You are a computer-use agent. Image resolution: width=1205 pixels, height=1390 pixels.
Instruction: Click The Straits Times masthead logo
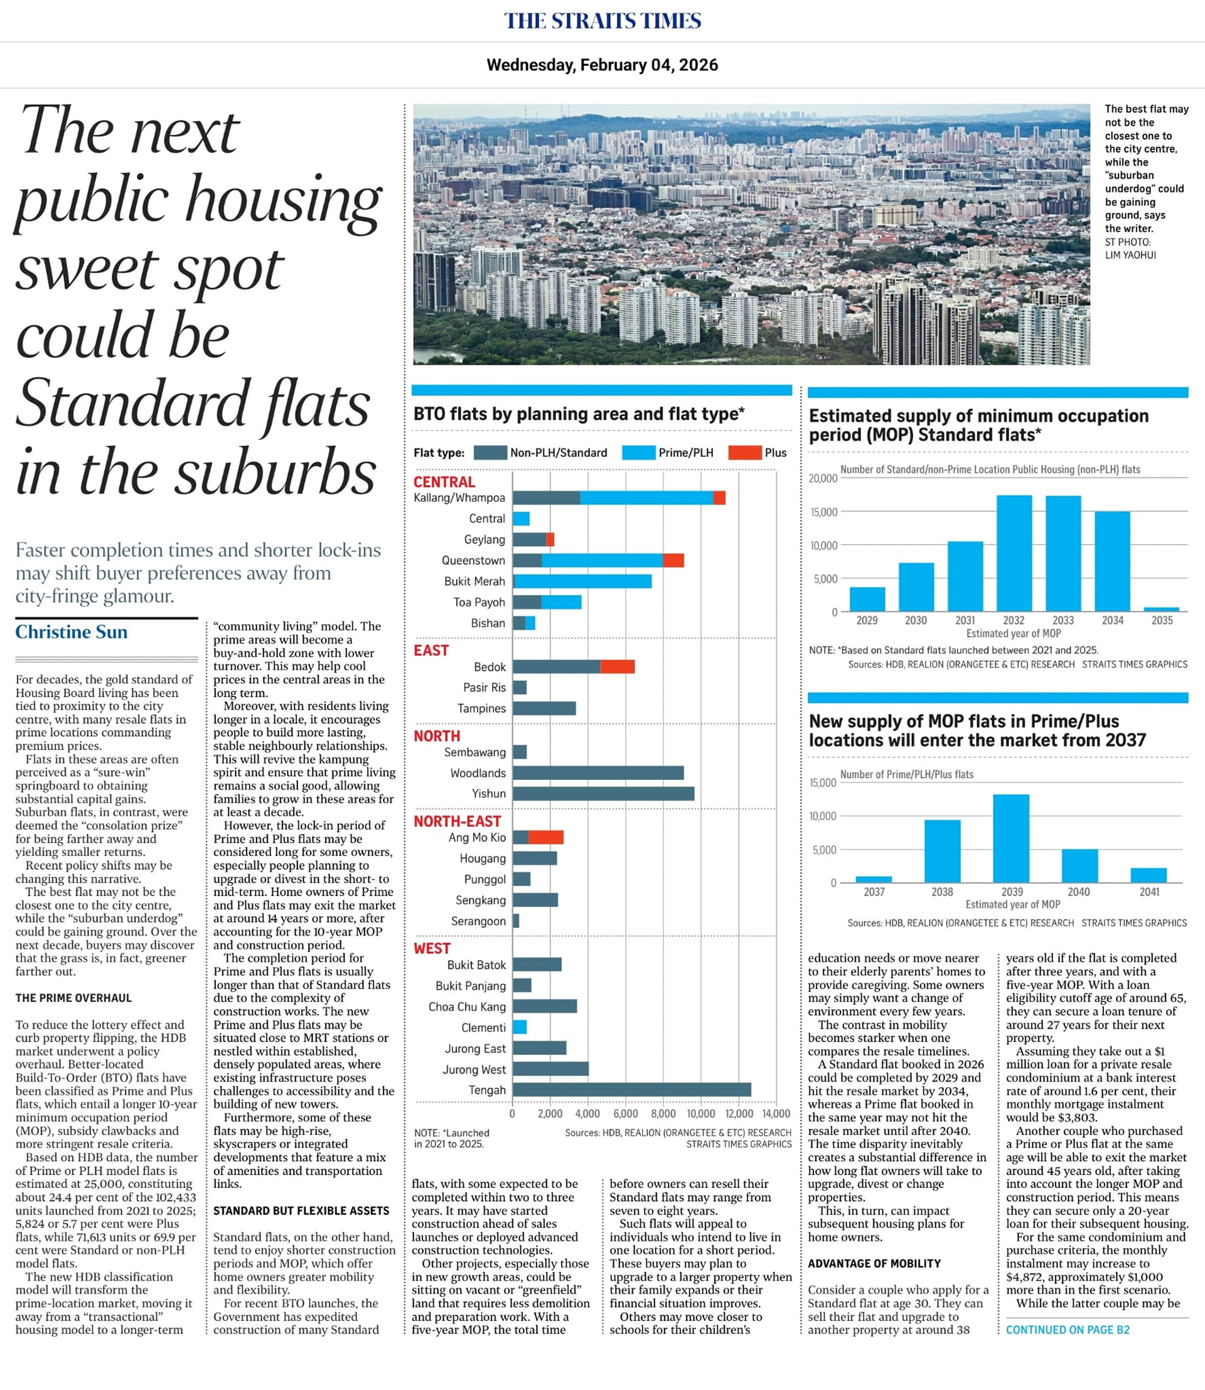click(x=602, y=21)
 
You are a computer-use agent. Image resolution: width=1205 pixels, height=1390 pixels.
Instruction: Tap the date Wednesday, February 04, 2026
click(x=602, y=65)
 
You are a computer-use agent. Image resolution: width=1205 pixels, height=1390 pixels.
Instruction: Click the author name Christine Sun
click(x=72, y=632)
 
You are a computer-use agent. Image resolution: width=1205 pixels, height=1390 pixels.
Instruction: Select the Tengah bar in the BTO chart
click(x=631, y=1090)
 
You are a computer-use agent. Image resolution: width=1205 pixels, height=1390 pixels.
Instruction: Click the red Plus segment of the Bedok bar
click(x=618, y=666)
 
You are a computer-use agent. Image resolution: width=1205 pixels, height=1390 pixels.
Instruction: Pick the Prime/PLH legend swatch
click(x=638, y=452)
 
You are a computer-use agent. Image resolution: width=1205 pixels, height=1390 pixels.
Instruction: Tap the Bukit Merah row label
click(x=474, y=581)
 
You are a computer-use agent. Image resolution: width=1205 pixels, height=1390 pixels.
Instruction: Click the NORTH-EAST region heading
click(x=458, y=821)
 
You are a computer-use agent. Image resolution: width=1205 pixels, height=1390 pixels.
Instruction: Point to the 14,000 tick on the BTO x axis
click(x=776, y=1114)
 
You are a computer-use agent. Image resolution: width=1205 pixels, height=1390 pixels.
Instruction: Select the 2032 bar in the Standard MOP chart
click(x=1014, y=553)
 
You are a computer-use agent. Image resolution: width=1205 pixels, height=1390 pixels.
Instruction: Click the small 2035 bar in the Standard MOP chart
click(x=1161, y=609)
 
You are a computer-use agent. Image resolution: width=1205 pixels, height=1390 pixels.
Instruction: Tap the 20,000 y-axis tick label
click(x=823, y=479)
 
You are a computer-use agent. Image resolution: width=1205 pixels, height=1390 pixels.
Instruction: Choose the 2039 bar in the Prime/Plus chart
click(x=1010, y=838)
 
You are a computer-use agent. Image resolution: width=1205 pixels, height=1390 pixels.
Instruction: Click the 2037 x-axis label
click(x=874, y=892)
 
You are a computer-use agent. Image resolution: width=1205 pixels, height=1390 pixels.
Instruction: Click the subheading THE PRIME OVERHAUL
click(x=74, y=998)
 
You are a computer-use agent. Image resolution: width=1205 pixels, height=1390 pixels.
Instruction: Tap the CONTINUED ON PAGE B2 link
click(x=1067, y=1330)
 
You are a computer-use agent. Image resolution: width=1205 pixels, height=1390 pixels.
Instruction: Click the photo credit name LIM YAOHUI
click(x=1130, y=255)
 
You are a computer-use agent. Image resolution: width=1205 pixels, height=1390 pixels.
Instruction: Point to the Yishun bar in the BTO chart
click(x=603, y=793)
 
